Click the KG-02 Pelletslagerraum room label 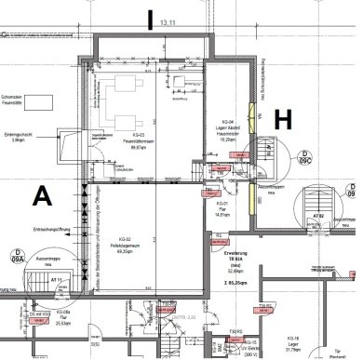123,244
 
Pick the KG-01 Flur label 221,209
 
